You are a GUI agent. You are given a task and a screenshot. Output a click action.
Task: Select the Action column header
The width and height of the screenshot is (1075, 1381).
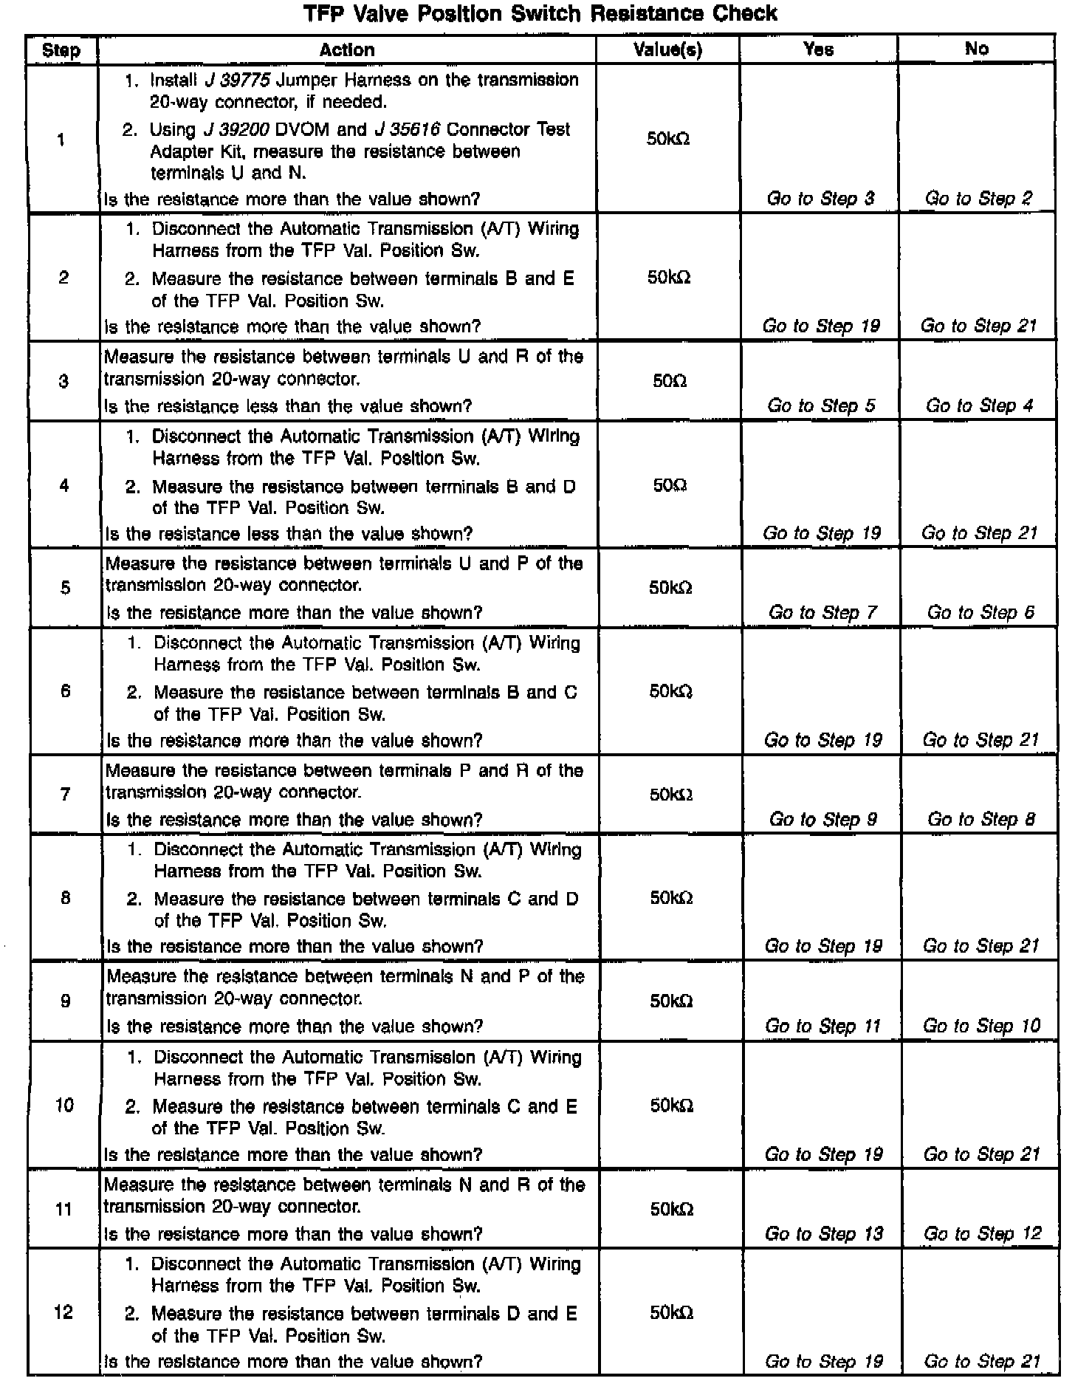click(347, 49)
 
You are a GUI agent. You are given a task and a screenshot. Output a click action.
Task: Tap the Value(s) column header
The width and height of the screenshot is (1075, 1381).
click(667, 49)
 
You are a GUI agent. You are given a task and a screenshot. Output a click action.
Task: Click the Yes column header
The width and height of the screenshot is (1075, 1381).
click(819, 49)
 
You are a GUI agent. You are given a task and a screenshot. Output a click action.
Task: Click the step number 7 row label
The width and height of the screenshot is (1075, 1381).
click(65, 794)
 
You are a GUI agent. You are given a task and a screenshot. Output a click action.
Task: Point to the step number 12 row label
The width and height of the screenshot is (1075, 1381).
click(64, 1312)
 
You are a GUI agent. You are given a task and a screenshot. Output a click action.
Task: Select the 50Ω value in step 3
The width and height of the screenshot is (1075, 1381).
click(670, 381)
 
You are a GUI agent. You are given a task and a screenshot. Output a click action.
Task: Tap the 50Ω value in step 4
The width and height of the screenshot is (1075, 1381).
click(670, 485)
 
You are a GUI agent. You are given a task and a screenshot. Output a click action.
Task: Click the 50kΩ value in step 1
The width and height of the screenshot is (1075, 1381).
click(668, 139)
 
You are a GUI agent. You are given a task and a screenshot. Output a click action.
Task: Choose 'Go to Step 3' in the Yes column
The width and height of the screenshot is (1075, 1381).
click(821, 198)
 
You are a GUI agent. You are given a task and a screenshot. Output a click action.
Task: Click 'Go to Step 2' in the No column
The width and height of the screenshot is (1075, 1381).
click(979, 198)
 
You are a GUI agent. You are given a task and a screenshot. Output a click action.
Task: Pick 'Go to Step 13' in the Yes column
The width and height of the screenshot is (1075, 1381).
click(824, 1233)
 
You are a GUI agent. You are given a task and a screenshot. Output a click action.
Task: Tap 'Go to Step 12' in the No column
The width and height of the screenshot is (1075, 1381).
click(982, 1233)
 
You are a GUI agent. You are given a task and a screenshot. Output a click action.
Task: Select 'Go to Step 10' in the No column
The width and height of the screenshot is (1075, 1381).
click(981, 1025)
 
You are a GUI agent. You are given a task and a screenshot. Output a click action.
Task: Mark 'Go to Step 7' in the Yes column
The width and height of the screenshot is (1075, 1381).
click(823, 612)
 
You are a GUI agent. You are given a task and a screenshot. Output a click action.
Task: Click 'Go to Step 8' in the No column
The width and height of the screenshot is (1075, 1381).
click(981, 819)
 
